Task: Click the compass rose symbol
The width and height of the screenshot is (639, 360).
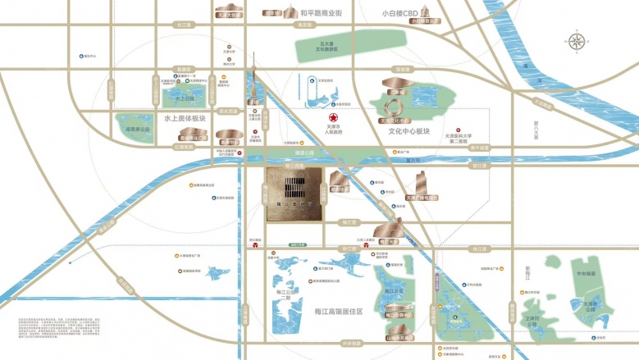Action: [577, 42]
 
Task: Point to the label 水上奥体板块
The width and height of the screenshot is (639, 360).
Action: [185, 118]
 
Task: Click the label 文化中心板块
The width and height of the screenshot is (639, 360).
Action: [409, 131]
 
